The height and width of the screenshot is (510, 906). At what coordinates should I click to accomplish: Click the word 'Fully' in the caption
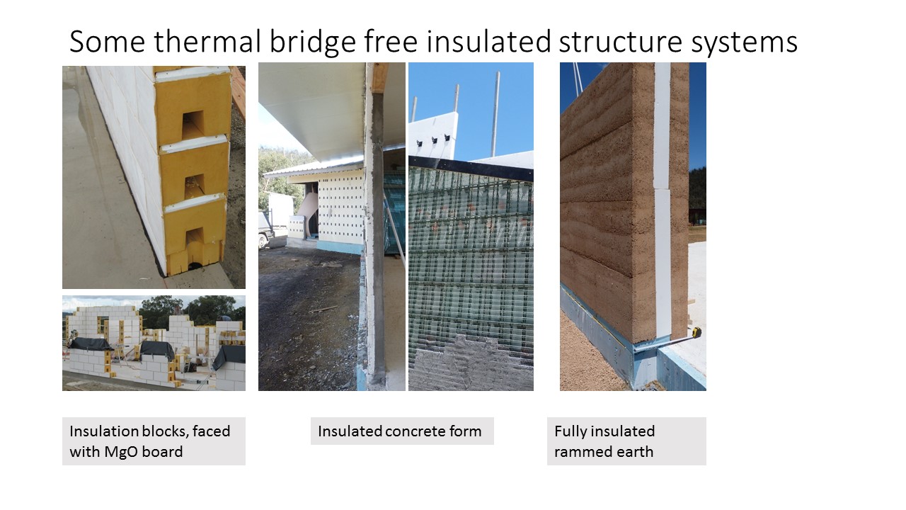point(570,432)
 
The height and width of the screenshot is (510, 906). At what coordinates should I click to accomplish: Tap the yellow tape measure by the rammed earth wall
point(695,333)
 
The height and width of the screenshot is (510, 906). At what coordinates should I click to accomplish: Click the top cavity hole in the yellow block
point(192,125)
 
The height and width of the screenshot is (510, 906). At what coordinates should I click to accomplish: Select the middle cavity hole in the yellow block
point(195,186)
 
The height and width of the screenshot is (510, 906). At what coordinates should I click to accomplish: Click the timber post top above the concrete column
point(380,78)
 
